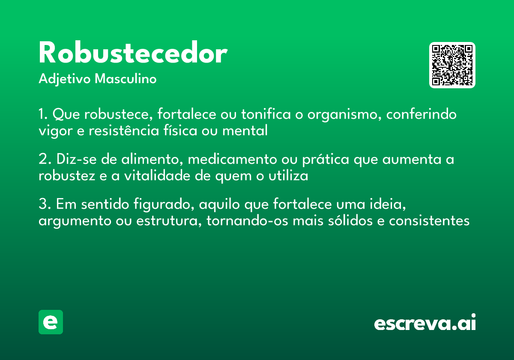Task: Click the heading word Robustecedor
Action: pyautogui.click(x=133, y=54)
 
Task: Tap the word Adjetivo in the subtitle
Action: pyautogui.click(x=65, y=80)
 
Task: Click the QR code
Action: pyautogui.click(x=452, y=65)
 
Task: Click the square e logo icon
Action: pyautogui.click(x=51, y=322)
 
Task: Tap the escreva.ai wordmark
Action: pyautogui.click(x=425, y=323)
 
